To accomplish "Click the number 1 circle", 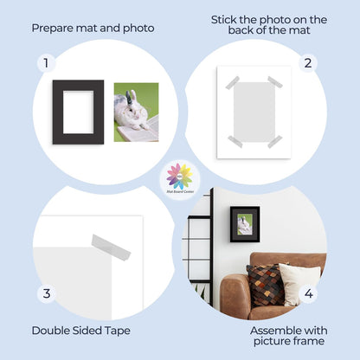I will pos(47,63).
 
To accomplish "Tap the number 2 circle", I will pos(307,63).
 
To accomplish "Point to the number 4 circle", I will pos(307,293).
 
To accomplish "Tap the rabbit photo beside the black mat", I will pos(137,112).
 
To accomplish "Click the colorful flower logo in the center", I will pos(180,176).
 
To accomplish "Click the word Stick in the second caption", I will pos(227,19).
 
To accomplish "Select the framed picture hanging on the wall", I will pos(244,223).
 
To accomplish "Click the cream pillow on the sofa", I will pos(299,284).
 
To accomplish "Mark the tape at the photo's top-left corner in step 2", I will pos(233,83).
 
